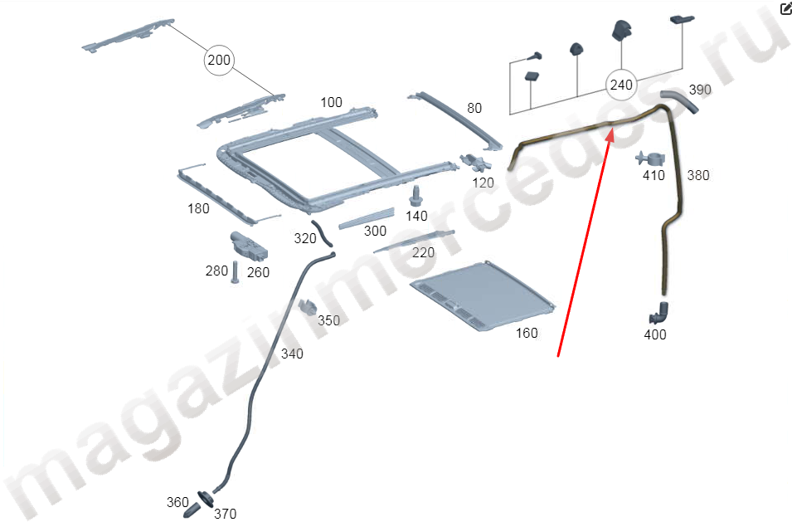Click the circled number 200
219,60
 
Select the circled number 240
621,85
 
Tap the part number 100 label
332,103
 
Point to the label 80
474,108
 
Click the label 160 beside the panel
527,333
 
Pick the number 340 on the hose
292,354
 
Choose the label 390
700,90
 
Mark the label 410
654,175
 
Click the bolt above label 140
415,196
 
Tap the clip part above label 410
650,159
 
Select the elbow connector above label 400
658,313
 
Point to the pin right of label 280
235,272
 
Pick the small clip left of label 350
307,305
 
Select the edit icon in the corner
786,8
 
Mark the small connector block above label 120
476,163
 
